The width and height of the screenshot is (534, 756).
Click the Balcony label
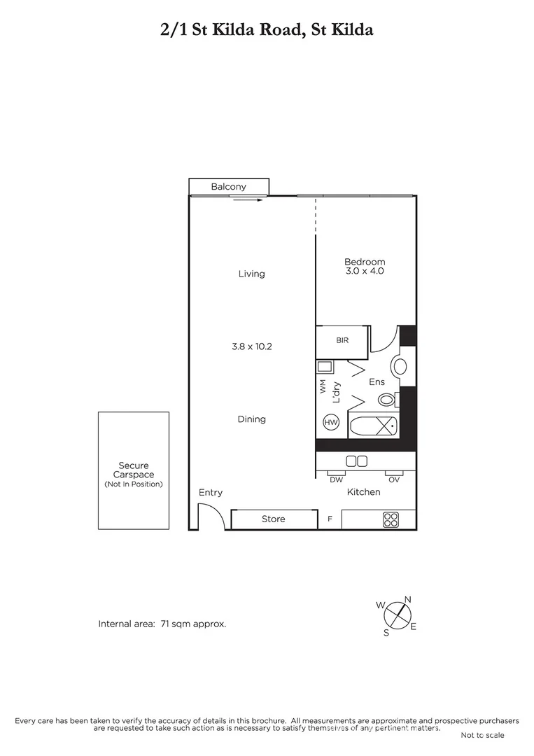(228, 186)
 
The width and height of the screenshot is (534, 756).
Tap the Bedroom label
(365, 262)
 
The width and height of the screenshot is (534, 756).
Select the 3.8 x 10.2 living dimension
(251, 346)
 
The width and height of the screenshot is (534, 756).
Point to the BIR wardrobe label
(342, 340)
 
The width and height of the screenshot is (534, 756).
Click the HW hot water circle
(330, 422)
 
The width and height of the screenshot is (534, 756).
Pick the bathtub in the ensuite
(372, 426)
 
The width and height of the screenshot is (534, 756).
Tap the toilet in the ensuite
(387, 400)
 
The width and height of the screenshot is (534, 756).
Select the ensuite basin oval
(401, 366)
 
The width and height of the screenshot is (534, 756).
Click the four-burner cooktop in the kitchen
(391, 519)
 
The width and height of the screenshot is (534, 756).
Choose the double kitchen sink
(357, 461)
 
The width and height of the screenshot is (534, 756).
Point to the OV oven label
(394, 479)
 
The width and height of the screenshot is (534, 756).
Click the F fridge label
(330, 519)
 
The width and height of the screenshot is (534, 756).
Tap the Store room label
(273, 519)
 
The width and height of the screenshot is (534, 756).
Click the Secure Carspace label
(133, 470)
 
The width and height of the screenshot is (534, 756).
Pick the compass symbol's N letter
(408, 599)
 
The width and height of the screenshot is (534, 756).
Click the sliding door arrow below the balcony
(248, 199)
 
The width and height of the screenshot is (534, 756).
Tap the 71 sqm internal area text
(193, 623)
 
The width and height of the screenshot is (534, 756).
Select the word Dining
(251, 419)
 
